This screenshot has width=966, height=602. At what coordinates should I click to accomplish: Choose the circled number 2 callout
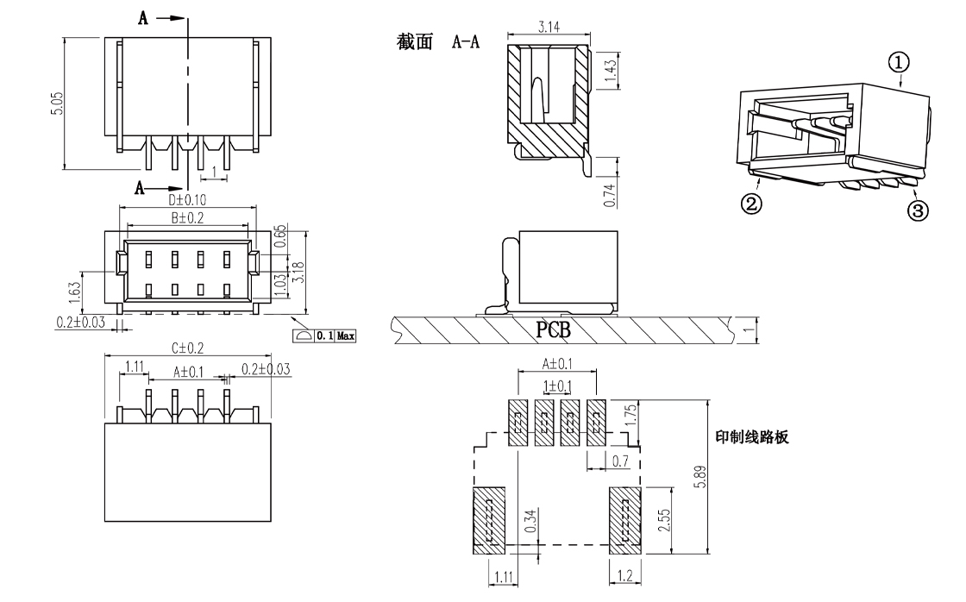click(x=752, y=204)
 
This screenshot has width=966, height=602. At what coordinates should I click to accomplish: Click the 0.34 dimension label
click(x=530, y=521)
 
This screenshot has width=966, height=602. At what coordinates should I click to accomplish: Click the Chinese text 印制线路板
click(x=752, y=437)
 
